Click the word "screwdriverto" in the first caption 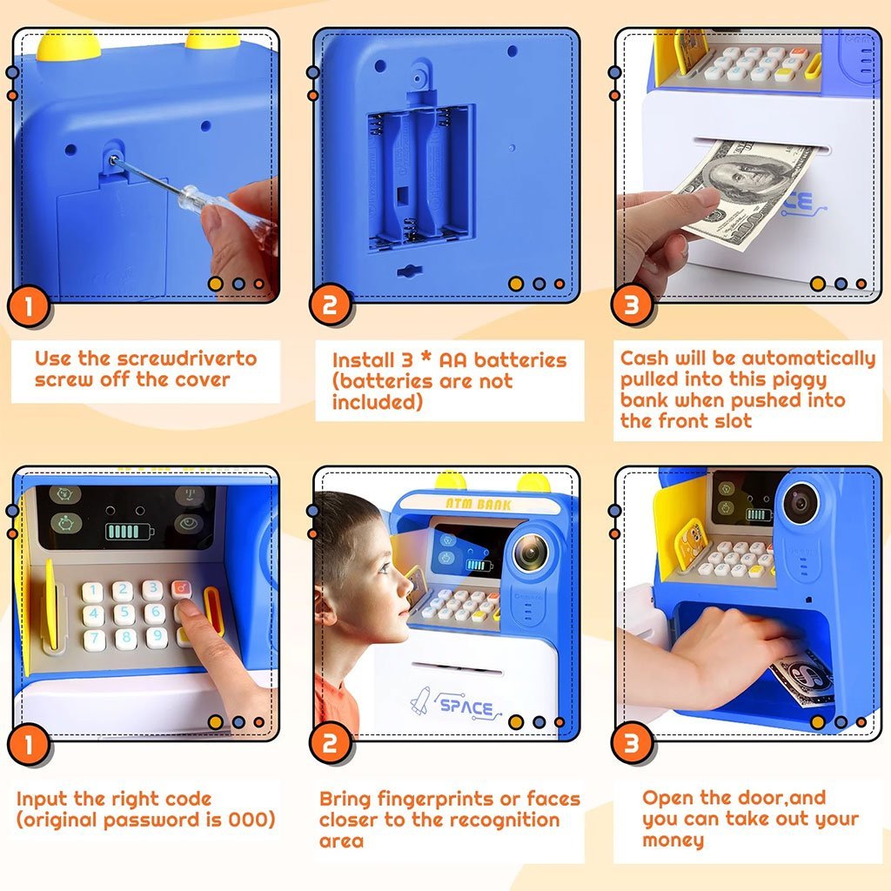click(x=188, y=358)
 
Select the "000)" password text click(x=251, y=820)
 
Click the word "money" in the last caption click(x=673, y=841)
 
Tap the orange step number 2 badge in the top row click(x=330, y=305)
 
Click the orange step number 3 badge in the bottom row click(x=632, y=743)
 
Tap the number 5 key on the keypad click(x=124, y=613)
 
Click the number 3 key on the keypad click(x=152, y=589)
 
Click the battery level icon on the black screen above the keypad click(x=129, y=532)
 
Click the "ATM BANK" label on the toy click(x=479, y=504)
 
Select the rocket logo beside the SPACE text click(x=420, y=700)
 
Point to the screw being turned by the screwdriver click(x=114, y=160)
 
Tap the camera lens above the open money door click(x=801, y=504)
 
